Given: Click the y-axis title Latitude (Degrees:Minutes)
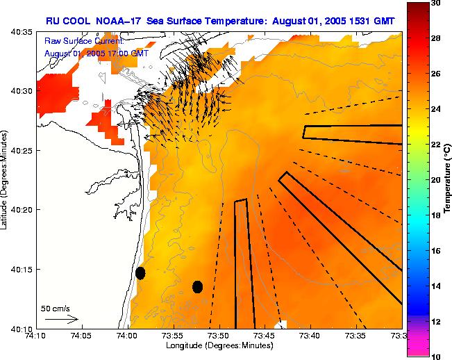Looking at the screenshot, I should tap(5, 180).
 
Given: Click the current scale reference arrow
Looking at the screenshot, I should tap(62, 320).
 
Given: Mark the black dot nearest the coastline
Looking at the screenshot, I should tap(140, 272).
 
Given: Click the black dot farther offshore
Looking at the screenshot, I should tap(197, 286).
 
